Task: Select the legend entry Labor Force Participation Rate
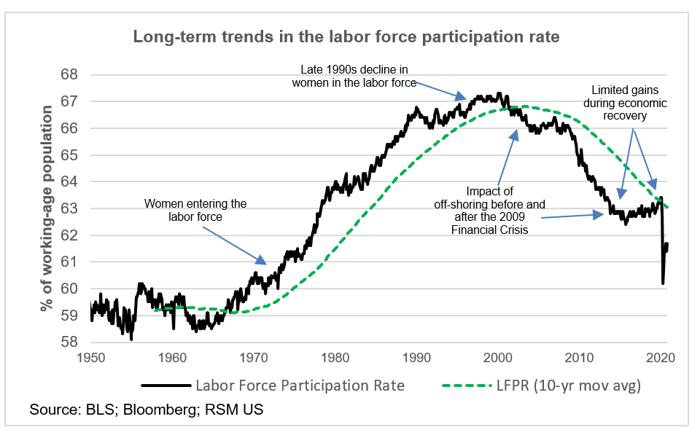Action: [x=299, y=386]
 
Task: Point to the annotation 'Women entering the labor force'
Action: [x=195, y=210]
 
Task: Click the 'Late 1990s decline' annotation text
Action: [x=354, y=76]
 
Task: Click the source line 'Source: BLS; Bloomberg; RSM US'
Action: [x=146, y=410]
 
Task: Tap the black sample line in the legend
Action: [x=165, y=386]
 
